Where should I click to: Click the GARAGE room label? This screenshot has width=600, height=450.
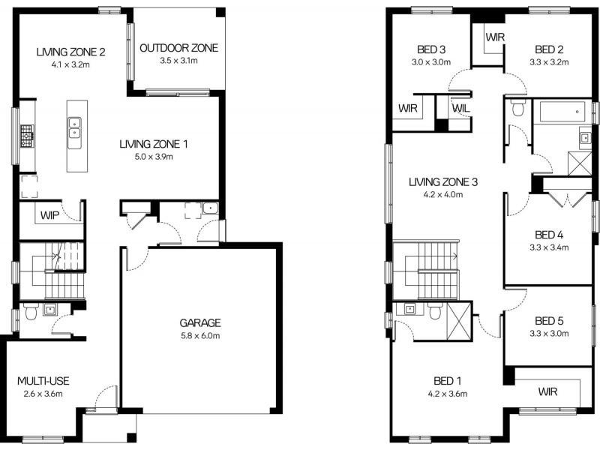point(199,323)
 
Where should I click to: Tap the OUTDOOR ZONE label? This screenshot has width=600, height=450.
point(178,48)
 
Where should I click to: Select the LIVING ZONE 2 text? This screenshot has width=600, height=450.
point(70,52)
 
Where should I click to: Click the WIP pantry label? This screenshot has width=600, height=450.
point(49,214)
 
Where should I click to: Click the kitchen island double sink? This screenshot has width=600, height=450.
point(74,128)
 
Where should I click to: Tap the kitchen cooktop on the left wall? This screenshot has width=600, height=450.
point(26,136)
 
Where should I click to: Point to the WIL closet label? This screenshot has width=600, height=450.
point(460,109)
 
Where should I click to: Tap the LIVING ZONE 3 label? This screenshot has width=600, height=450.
point(443,181)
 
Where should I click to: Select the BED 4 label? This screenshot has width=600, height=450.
point(550,234)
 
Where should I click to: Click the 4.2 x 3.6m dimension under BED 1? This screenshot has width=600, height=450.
point(448,393)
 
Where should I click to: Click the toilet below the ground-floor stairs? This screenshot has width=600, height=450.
point(30,313)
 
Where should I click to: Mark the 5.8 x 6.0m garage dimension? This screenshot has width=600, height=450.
point(199,336)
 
